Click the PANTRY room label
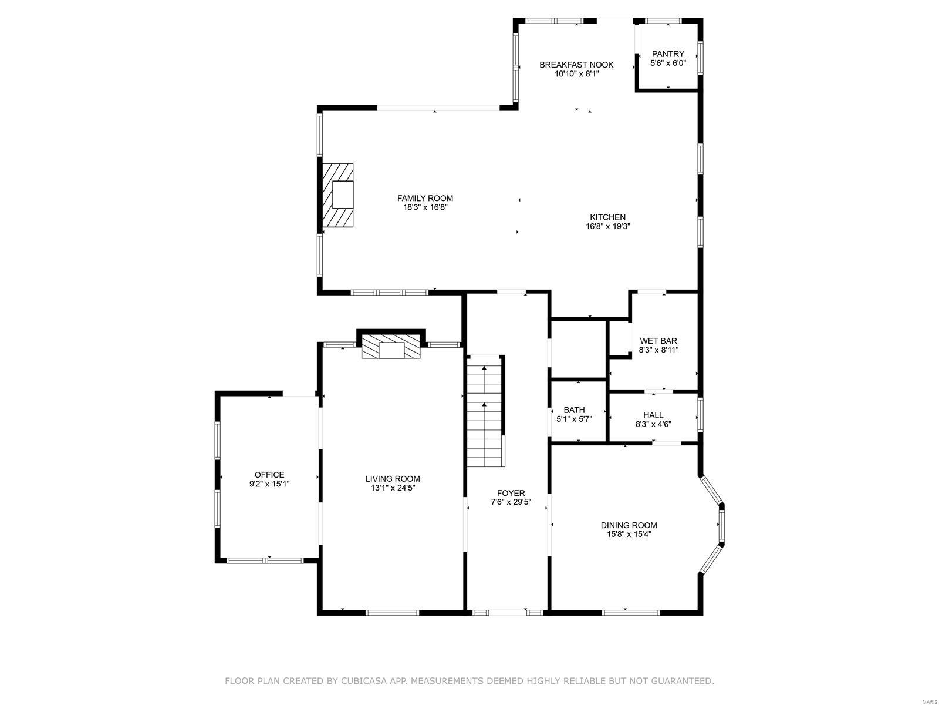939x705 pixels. [668, 54]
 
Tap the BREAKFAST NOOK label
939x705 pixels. [576, 65]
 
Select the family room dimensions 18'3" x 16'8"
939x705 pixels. [425, 207]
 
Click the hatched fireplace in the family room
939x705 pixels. [338, 195]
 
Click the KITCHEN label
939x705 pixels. [607, 217]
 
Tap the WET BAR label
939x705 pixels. [658, 341]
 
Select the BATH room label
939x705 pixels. [574, 410]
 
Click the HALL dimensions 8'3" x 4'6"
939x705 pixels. [653, 424]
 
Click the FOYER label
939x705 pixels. [511, 493]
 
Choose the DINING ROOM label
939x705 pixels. [629, 525]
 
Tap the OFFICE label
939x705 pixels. [269, 475]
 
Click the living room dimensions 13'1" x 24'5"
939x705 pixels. [393, 487]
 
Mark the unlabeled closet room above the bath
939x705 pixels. [578, 350]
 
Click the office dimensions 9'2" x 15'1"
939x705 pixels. [269, 484]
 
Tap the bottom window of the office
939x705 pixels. [265, 560]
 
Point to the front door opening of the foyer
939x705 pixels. [508, 613]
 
